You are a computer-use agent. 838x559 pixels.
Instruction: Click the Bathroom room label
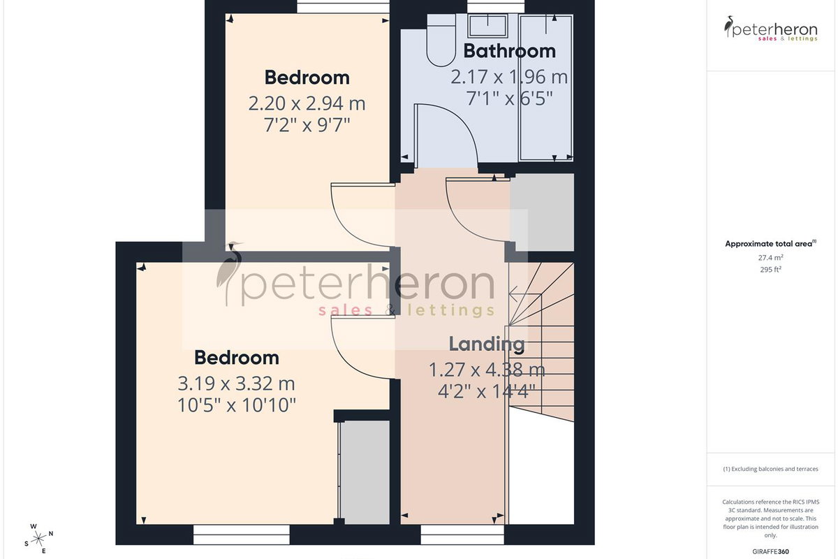pyautogui.click(x=509, y=51)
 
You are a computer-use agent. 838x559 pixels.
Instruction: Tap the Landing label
pyautogui.click(x=487, y=343)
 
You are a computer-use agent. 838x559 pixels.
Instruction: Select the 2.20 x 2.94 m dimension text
pyautogui.click(x=307, y=103)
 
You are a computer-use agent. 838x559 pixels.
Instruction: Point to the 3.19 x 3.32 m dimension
pyautogui.click(x=237, y=384)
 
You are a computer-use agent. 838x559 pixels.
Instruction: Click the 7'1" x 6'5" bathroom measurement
pyautogui.click(x=509, y=99)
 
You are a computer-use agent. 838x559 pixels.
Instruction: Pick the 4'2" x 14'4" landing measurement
pyautogui.click(x=487, y=391)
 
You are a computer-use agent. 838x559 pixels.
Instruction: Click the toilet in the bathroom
pyautogui.click(x=441, y=41)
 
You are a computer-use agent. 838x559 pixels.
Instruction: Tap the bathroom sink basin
pyautogui.click(x=488, y=25)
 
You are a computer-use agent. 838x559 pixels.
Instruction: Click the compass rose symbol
pyautogui.click(x=38, y=539)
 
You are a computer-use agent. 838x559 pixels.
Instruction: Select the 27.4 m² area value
pyautogui.click(x=771, y=258)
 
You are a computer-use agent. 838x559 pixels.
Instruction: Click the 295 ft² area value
pyautogui.click(x=771, y=269)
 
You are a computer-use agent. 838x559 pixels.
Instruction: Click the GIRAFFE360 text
pyautogui.click(x=771, y=551)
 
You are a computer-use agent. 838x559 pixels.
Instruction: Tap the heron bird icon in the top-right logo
pyautogui.click(x=728, y=27)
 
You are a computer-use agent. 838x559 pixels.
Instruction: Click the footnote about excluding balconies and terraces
pyautogui.click(x=771, y=469)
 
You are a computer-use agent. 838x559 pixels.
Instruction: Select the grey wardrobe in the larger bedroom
pyautogui.click(x=365, y=472)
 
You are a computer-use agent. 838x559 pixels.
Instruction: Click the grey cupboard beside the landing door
pyautogui.click(x=542, y=212)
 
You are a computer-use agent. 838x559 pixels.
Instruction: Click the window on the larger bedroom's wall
pyautogui.click(x=242, y=535)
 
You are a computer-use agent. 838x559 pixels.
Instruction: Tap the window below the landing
pyautogui.click(x=462, y=535)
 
